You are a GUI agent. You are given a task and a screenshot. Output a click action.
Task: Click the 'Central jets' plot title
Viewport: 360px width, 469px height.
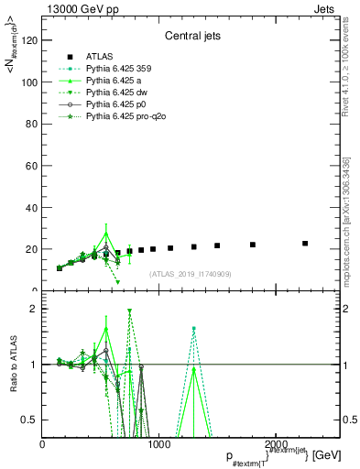pos(190,38)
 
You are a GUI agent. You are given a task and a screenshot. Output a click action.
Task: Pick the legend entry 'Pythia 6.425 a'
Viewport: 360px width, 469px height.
pos(119,80)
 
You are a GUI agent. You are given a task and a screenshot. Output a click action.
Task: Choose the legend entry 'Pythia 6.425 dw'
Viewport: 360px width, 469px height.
pos(121,93)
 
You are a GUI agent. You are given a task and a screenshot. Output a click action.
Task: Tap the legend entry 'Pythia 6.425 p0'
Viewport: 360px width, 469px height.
pos(121,105)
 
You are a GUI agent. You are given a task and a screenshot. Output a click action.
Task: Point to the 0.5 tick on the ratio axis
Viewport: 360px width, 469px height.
pos(31,420)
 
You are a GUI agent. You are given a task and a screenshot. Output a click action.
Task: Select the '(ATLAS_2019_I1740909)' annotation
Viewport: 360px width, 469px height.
pos(190,273)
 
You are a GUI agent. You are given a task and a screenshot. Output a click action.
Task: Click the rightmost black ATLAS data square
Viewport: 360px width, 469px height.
pos(305,244)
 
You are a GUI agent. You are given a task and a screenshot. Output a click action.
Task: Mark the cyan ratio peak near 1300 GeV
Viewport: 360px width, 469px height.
pos(194,328)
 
